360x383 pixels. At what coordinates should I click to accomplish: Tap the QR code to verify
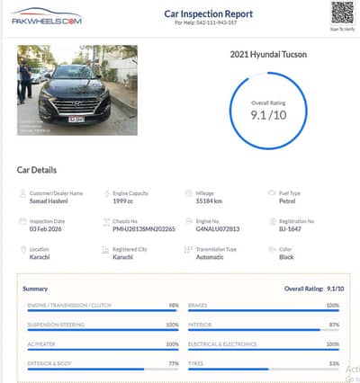pyautogui.click(x=341, y=13)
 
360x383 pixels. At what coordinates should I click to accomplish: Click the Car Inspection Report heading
pyautogui.click(x=208, y=14)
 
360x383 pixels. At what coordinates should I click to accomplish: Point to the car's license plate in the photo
pyautogui.click(x=77, y=118)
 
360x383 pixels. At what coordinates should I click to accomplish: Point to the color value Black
pyautogui.click(x=287, y=256)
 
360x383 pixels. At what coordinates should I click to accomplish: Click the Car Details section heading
pyautogui.click(x=37, y=170)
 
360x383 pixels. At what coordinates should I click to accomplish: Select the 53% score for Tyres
pyautogui.click(x=333, y=363)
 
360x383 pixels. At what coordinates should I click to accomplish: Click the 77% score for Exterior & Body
pyautogui.click(x=173, y=363)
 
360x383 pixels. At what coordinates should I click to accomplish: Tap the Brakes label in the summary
pyautogui.click(x=198, y=306)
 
